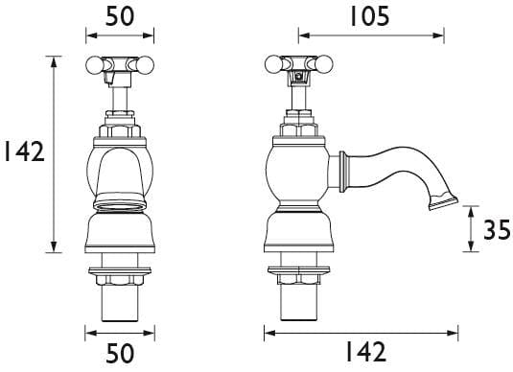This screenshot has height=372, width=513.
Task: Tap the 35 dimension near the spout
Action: [495, 231]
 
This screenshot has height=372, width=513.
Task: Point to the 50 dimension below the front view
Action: [120, 354]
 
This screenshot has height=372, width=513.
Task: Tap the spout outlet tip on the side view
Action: [444, 202]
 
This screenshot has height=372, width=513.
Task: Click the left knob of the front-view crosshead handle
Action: [94, 65]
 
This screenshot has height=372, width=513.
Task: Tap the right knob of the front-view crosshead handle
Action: [146, 65]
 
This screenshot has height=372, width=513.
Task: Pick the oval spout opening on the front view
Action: [120, 202]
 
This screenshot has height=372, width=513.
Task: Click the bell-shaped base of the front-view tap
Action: [120, 235]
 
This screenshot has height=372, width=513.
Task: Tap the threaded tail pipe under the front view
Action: [120, 305]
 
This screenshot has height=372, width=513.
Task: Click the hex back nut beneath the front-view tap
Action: [120, 279]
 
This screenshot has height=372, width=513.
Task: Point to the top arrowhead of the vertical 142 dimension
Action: [53, 59]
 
